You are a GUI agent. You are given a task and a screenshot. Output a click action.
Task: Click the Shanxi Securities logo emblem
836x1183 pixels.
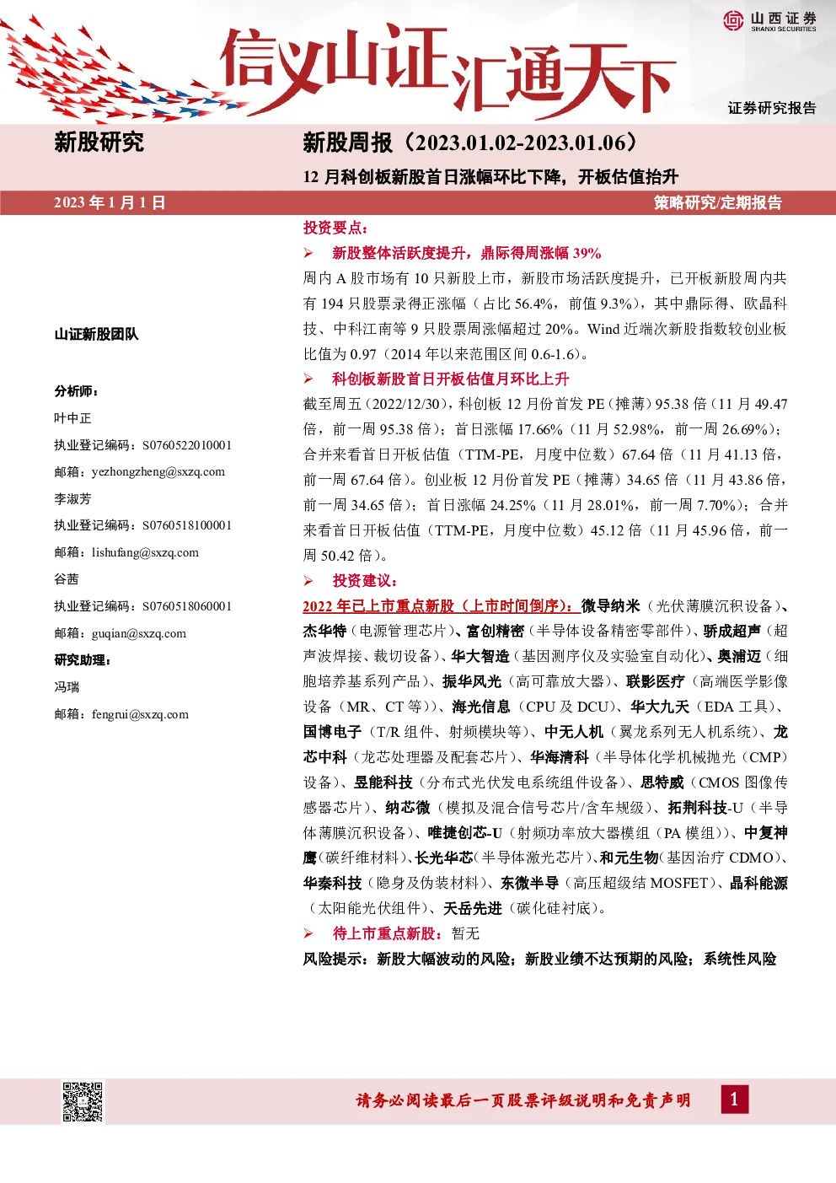click(x=734, y=20)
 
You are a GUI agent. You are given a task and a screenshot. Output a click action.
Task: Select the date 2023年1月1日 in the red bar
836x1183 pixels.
click(x=110, y=203)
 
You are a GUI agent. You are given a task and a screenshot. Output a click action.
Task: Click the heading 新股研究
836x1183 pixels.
click(x=99, y=142)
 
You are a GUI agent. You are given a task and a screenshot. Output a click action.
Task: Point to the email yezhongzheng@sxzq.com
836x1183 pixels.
click(x=158, y=471)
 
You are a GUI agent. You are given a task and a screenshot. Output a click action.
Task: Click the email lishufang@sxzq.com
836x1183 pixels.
click(x=145, y=552)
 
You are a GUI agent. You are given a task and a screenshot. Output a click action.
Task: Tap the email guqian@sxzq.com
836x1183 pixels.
click(x=139, y=633)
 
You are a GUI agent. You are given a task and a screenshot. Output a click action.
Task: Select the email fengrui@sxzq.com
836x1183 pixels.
click(x=140, y=714)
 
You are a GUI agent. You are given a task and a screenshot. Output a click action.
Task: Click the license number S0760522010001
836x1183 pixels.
click(x=187, y=445)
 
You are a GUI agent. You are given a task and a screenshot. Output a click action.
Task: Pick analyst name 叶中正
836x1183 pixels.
click(x=72, y=418)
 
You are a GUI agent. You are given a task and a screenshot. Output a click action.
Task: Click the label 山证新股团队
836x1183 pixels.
click(x=96, y=334)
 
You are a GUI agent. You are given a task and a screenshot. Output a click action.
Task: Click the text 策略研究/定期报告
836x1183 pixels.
click(x=718, y=203)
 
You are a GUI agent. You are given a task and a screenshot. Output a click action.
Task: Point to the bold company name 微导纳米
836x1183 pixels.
click(x=610, y=605)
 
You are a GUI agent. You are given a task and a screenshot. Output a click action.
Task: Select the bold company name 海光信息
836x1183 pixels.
click(x=481, y=707)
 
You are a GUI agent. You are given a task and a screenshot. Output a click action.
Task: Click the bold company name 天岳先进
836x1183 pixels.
click(x=473, y=908)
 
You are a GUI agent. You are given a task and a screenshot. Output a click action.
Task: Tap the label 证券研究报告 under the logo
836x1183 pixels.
click(x=772, y=108)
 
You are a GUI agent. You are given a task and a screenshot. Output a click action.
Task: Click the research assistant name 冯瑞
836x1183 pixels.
click(x=67, y=687)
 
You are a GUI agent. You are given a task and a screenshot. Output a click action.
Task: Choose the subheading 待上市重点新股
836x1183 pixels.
click(x=383, y=933)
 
